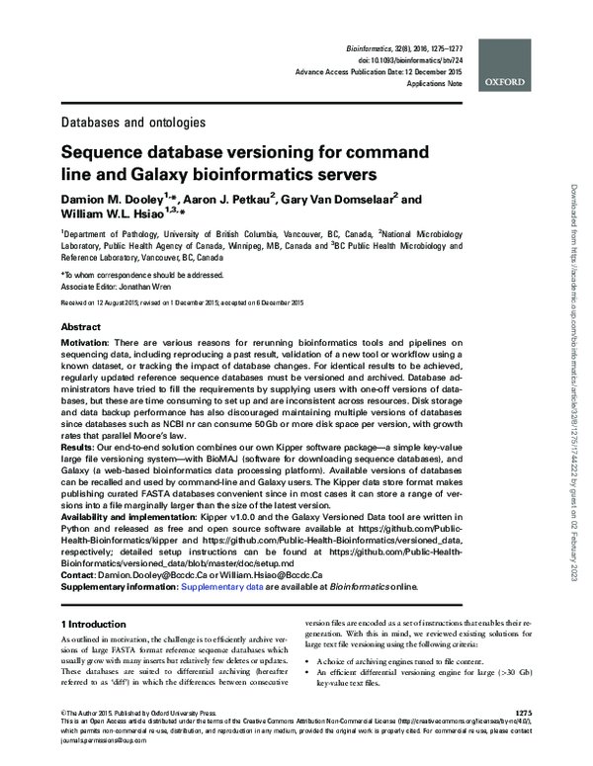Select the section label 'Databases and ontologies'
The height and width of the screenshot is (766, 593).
133,124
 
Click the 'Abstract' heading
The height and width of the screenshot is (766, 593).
81,326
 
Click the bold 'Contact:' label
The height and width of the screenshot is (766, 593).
81,574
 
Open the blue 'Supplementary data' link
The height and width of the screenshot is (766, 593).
220,586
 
